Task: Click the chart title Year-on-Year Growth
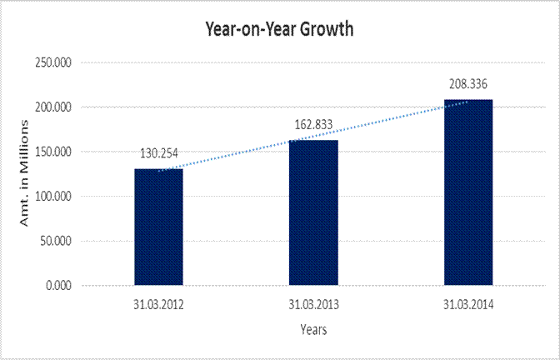coord(280,29)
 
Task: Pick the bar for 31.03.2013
coord(313,212)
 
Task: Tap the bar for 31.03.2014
coord(468,192)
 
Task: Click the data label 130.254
coord(158,153)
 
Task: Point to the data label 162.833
coord(313,125)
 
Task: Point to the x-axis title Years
coord(313,329)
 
